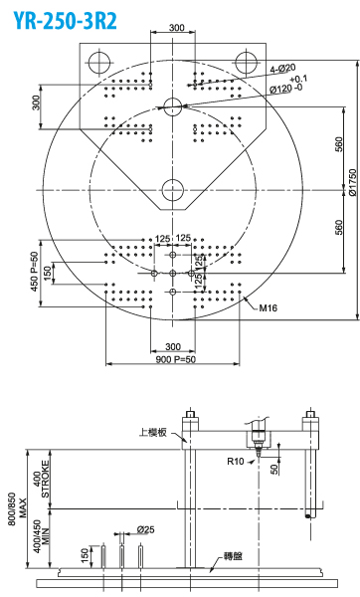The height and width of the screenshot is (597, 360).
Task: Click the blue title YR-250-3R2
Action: coord(66,20)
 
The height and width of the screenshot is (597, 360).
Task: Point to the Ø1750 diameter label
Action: coord(353,182)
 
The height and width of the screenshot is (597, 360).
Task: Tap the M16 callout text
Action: coord(269,308)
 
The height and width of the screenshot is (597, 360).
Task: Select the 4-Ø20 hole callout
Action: coord(282,69)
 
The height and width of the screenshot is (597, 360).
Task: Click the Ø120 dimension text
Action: coord(281,90)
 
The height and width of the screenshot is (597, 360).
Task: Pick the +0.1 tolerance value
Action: coord(298,80)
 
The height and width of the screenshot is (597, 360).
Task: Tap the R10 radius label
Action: coord(235,461)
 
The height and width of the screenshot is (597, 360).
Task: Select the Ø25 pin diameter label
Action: coord(146,529)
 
